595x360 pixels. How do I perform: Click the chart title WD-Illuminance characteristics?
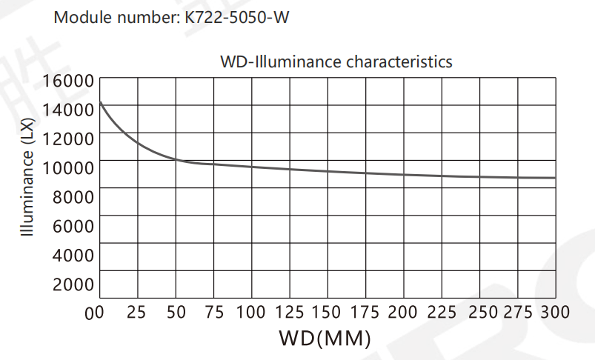336,61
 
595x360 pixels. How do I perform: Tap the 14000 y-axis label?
68,109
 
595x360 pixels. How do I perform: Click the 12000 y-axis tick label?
68,138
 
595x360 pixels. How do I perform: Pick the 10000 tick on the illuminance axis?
68,167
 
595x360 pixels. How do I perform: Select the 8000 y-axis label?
73,196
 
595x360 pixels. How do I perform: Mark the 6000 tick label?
73,225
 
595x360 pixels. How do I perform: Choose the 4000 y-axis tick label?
73,255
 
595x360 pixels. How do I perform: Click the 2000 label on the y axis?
73,284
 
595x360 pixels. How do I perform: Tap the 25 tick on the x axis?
136,312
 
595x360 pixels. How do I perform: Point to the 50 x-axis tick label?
176,312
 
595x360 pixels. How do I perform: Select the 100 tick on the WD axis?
251,312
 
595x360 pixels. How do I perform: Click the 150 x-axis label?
327,312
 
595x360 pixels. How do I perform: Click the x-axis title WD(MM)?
324,339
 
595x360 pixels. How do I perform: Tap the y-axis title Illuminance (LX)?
28,181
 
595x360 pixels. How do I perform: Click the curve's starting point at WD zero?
100,101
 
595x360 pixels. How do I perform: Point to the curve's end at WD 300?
554,178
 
